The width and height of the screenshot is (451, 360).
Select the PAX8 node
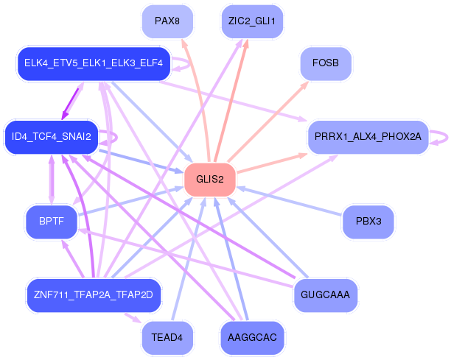pos(167,21)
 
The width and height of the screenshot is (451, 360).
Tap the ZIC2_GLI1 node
pos(252,21)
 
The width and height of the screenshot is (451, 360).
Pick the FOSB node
pos(325,64)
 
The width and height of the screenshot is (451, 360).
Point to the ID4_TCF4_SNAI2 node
pos(51,137)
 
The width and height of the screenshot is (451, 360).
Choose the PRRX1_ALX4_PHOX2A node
pos(367,137)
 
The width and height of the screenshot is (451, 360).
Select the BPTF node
pos(51,221)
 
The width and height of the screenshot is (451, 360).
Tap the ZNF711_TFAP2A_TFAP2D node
pos(93,295)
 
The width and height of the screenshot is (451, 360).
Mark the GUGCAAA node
pos(325,295)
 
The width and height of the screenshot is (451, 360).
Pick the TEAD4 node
pos(167,338)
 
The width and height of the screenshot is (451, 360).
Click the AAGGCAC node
pos(252,338)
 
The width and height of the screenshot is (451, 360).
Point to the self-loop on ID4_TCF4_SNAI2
pos(113,138)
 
